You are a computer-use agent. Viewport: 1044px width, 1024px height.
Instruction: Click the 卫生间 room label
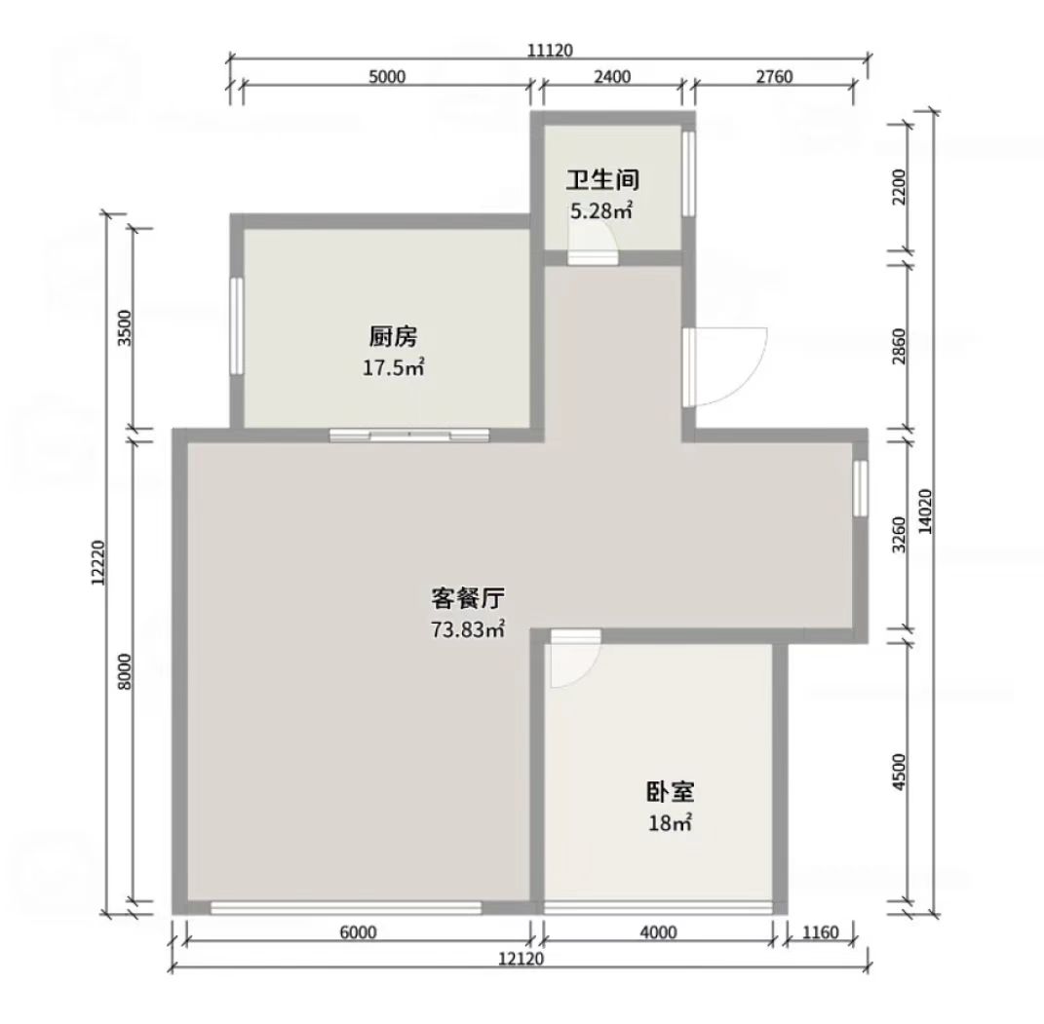[602, 180]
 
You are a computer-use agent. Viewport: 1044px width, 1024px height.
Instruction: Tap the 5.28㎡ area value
[601, 210]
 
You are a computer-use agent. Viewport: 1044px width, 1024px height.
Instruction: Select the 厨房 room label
[393, 337]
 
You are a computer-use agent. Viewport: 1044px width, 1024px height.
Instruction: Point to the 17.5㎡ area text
[393, 367]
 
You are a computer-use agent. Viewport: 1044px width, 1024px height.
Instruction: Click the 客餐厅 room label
[467, 598]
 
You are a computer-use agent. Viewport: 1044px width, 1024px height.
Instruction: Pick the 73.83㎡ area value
[467, 628]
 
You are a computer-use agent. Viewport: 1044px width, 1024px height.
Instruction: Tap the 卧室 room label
[671, 792]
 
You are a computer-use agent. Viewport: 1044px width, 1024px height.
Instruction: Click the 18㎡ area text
[671, 823]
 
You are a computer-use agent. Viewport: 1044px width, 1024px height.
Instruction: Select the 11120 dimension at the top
[550, 51]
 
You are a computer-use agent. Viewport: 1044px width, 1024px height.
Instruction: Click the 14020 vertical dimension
[925, 512]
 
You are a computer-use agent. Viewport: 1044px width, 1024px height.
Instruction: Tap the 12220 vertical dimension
[98, 562]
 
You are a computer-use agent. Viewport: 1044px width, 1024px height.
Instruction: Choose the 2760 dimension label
[774, 77]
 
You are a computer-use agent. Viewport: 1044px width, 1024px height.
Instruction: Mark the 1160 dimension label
[821, 932]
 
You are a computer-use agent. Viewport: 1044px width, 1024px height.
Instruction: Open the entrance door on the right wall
[726, 366]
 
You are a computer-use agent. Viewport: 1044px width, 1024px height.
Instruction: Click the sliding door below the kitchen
[409, 436]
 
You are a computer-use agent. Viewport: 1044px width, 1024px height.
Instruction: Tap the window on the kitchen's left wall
[236, 326]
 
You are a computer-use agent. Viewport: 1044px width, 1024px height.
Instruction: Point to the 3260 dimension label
[900, 534]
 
